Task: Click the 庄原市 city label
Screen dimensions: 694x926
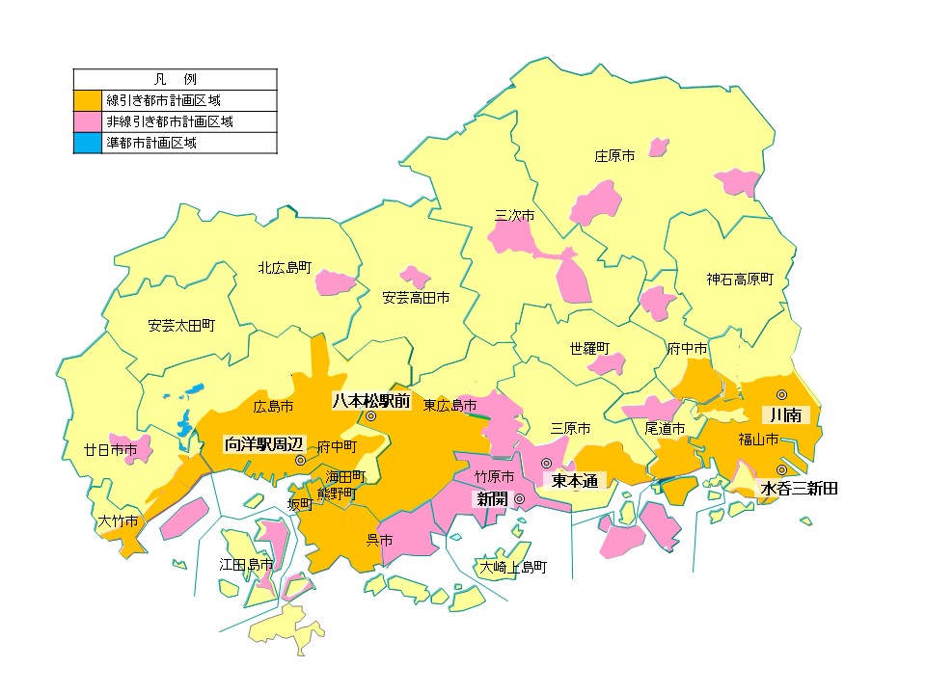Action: pyautogui.click(x=614, y=155)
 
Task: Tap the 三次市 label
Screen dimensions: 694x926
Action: pyautogui.click(x=514, y=215)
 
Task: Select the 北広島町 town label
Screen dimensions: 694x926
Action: pyautogui.click(x=285, y=267)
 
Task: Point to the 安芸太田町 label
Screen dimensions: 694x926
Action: pyautogui.click(x=181, y=325)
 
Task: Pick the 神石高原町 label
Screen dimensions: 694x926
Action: pyautogui.click(x=740, y=279)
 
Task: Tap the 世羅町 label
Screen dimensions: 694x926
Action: pyautogui.click(x=589, y=347)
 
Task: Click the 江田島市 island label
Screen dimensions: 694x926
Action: pyautogui.click(x=246, y=564)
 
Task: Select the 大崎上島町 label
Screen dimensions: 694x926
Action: pyautogui.click(x=514, y=567)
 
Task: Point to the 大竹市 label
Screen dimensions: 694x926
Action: pyautogui.click(x=119, y=521)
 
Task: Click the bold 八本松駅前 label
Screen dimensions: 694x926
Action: pyautogui.click(x=371, y=399)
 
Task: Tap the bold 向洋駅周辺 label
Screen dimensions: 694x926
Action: pyautogui.click(x=263, y=444)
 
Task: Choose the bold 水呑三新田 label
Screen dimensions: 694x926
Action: pyautogui.click(x=799, y=489)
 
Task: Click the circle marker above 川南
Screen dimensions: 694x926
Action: pyautogui.click(x=782, y=394)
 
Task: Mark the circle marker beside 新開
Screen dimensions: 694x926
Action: pyautogui.click(x=519, y=498)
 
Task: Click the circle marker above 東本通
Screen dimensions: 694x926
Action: pyautogui.click(x=547, y=463)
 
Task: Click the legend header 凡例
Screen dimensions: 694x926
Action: pyautogui.click(x=176, y=78)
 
